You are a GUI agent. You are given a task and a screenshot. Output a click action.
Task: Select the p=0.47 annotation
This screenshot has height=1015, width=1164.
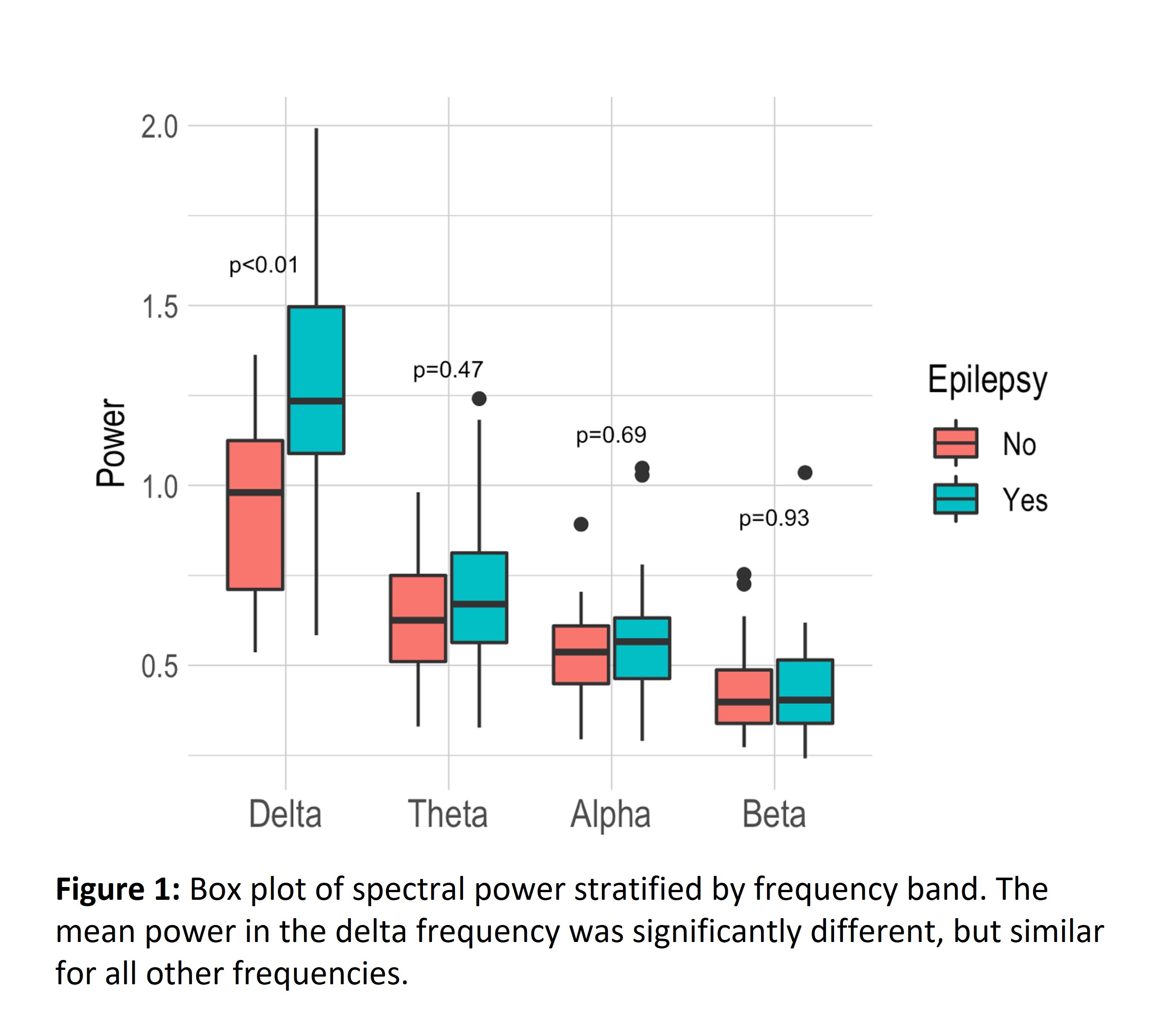[x=448, y=370]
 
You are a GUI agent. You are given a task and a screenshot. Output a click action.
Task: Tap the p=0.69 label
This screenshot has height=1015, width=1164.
[x=611, y=436]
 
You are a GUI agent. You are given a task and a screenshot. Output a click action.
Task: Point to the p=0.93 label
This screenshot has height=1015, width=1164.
[x=774, y=519]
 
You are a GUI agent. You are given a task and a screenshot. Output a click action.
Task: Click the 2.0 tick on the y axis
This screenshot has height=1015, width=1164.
[x=159, y=127]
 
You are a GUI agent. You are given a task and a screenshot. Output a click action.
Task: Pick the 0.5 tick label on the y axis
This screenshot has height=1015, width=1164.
[x=159, y=667]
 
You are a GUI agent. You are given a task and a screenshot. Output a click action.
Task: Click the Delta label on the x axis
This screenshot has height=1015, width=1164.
[x=285, y=814]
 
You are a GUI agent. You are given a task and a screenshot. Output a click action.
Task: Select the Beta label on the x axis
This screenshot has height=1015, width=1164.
[x=774, y=814]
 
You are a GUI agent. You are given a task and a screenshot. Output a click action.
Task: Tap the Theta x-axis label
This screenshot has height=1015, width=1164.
[x=448, y=814]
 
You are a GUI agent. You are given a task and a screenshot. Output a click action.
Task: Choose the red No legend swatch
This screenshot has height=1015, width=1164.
[x=956, y=443]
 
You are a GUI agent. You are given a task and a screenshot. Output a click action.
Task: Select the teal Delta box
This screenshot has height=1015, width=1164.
[x=316, y=379]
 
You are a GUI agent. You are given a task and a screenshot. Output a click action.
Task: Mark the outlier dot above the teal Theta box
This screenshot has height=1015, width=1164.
[x=479, y=399]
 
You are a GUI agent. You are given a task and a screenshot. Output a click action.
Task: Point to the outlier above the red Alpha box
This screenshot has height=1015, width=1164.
[x=581, y=524]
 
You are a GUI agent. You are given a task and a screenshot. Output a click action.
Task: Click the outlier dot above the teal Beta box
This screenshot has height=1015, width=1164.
[x=805, y=472]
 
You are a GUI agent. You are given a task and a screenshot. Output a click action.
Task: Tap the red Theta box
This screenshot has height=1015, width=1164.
[x=418, y=618]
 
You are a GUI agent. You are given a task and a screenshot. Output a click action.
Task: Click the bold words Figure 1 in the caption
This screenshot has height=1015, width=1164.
[x=118, y=889]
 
